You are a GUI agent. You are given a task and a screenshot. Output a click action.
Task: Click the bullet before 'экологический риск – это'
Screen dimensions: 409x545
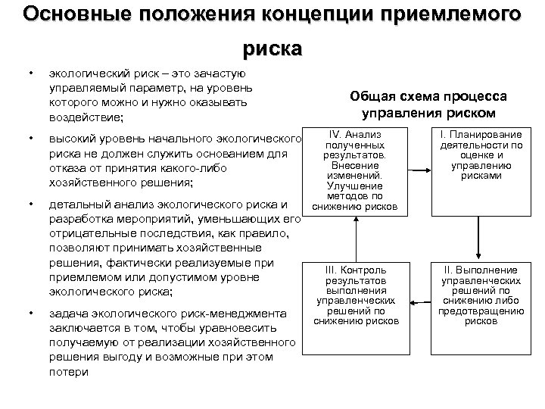tap(30, 74)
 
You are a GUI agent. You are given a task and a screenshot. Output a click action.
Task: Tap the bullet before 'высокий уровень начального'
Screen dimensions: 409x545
tap(30, 139)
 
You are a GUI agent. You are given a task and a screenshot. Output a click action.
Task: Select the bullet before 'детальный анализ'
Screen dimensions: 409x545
tap(30, 204)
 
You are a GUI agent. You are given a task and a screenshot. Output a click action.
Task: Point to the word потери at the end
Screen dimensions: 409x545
tap(68, 372)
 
